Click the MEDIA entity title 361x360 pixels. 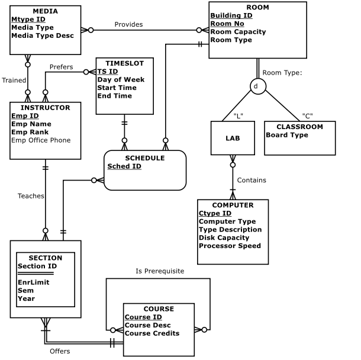pyautogui.click(x=45, y=11)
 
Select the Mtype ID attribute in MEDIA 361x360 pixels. pyautogui.click(x=28, y=20)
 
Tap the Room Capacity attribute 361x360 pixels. pyautogui.click(x=238, y=32)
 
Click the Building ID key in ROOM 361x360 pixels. pyautogui.click(x=231, y=15)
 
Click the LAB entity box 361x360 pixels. pyautogui.click(x=233, y=137)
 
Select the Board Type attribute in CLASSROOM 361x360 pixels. pyautogui.click(x=287, y=135)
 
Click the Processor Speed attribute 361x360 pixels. pyautogui.click(x=230, y=246)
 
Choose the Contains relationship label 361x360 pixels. pyautogui.click(x=252, y=180)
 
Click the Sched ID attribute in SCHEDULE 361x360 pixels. pyautogui.click(x=124, y=166)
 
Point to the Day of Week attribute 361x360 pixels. pyautogui.click(x=121, y=79)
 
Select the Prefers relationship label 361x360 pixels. pyautogui.click(x=61, y=67)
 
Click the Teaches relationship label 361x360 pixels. pyautogui.click(x=31, y=195)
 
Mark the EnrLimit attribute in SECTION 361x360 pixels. pyautogui.click(x=33, y=282)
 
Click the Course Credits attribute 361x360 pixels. pyautogui.click(x=152, y=333)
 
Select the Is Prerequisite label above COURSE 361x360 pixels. pyautogui.click(x=160, y=271)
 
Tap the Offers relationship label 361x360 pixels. pyautogui.click(x=60, y=351)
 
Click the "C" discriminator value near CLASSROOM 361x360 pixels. pyautogui.click(x=307, y=115)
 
